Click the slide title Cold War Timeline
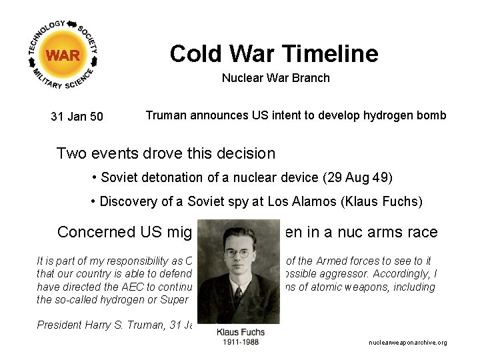[273, 53]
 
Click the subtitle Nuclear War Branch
[275, 78]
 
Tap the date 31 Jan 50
[77, 117]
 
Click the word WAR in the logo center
[63, 55]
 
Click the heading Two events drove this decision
[165, 153]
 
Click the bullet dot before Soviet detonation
[95, 178]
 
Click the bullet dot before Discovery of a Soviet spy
[93, 201]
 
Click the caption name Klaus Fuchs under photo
[241, 332]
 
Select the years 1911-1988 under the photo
[241, 341]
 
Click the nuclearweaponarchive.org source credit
[407, 343]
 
